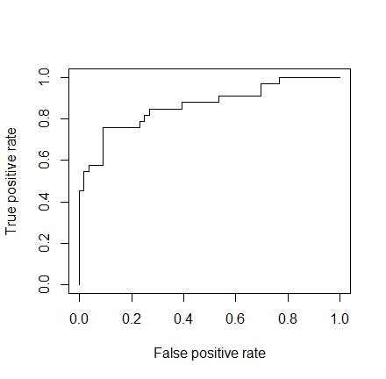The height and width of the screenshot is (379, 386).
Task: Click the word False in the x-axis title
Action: [169, 354]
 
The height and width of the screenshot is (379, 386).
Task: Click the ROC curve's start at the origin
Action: [79, 284]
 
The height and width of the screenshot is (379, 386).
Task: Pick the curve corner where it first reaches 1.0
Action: [280, 78]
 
